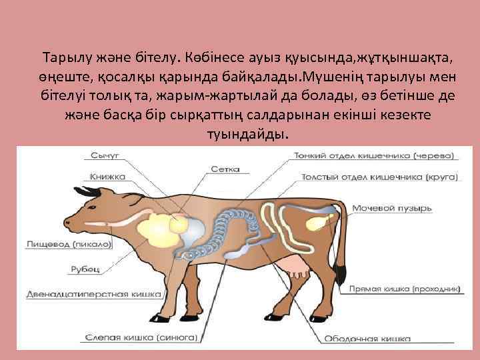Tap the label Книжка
point(107,177)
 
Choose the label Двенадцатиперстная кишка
point(94,293)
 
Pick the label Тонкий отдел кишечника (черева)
point(374,157)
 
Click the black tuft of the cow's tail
point(343,273)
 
